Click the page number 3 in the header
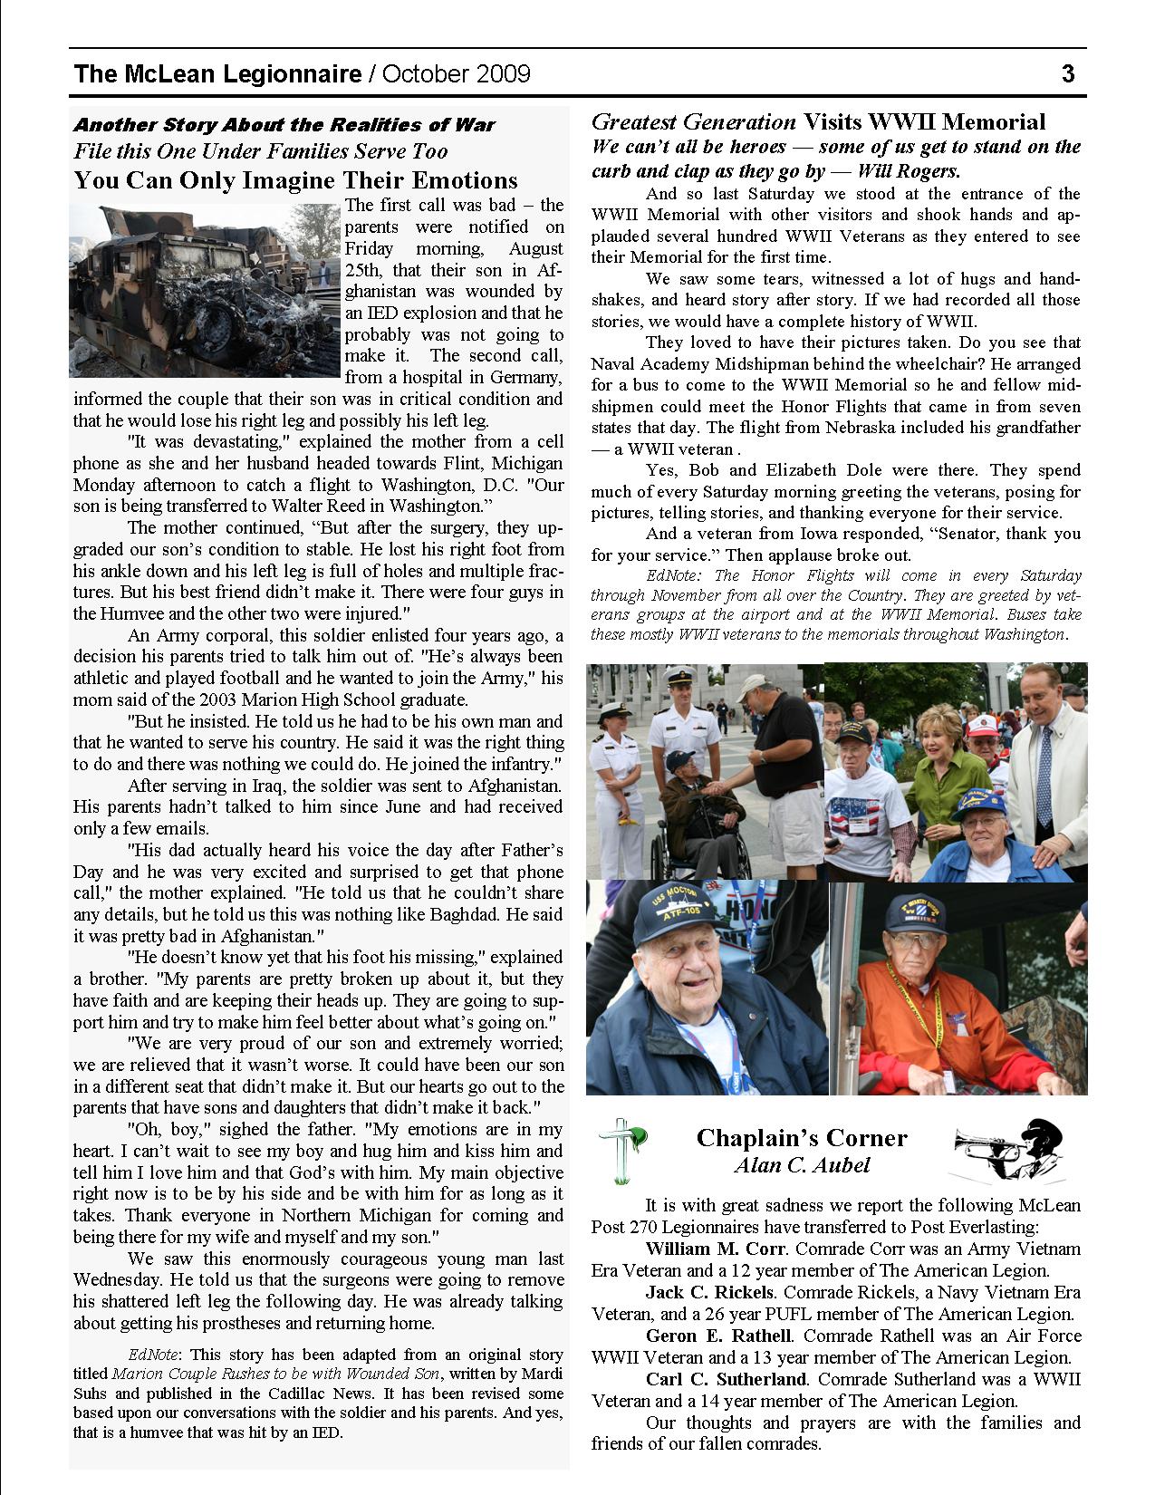coord(1068,73)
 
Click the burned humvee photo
coord(207,290)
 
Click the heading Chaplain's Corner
coord(801,1138)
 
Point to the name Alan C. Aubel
coord(801,1165)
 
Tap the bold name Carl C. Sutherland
coord(726,1380)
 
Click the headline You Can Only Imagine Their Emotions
coord(295,180)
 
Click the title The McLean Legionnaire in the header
coord(217,73)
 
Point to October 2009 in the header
coord(457,73)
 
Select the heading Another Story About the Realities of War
coord(284,125)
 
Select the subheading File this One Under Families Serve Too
coord(261,151)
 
